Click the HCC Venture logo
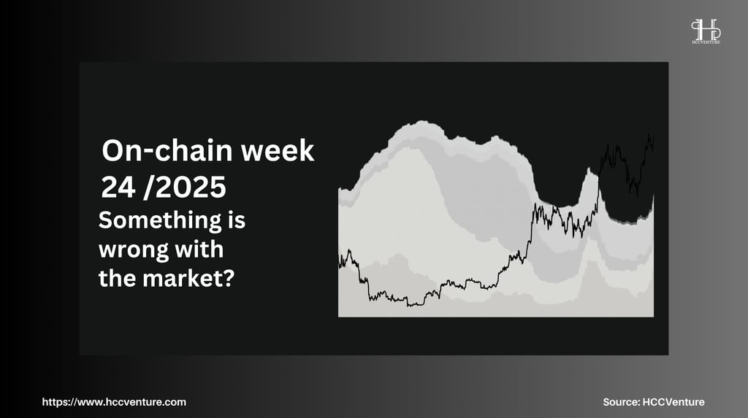[x=706, y=31]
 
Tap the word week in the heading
[x=278, y=150]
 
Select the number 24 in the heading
[x=118, y=187]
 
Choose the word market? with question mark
[x=188, y=279]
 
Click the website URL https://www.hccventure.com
[x=114, y=402]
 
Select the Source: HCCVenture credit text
[x=654, y=402]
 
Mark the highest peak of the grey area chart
[x=420, y=121]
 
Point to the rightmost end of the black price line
[x=654, y=138]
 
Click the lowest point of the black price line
[x=408, y=306]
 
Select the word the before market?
[x=118, y=279]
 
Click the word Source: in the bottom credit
[x=621, y=402]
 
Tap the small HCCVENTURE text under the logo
[x=706, y=42]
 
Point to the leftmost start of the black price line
[x=339, y=260]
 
